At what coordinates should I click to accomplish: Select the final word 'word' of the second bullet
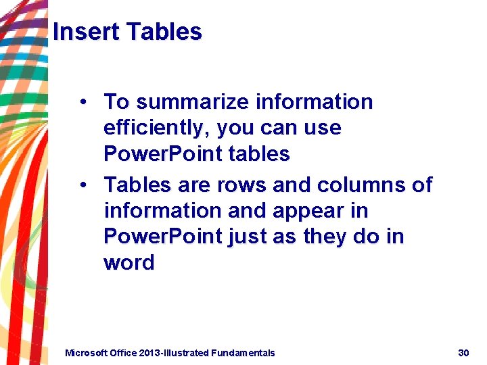tap(129, 262)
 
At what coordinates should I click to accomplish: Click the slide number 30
tap(463, 353)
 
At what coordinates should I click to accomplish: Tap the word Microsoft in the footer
tap(86, 353)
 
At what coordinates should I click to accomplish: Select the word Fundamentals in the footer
tap(243, 353)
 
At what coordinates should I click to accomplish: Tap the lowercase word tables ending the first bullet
tap(260, 154)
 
